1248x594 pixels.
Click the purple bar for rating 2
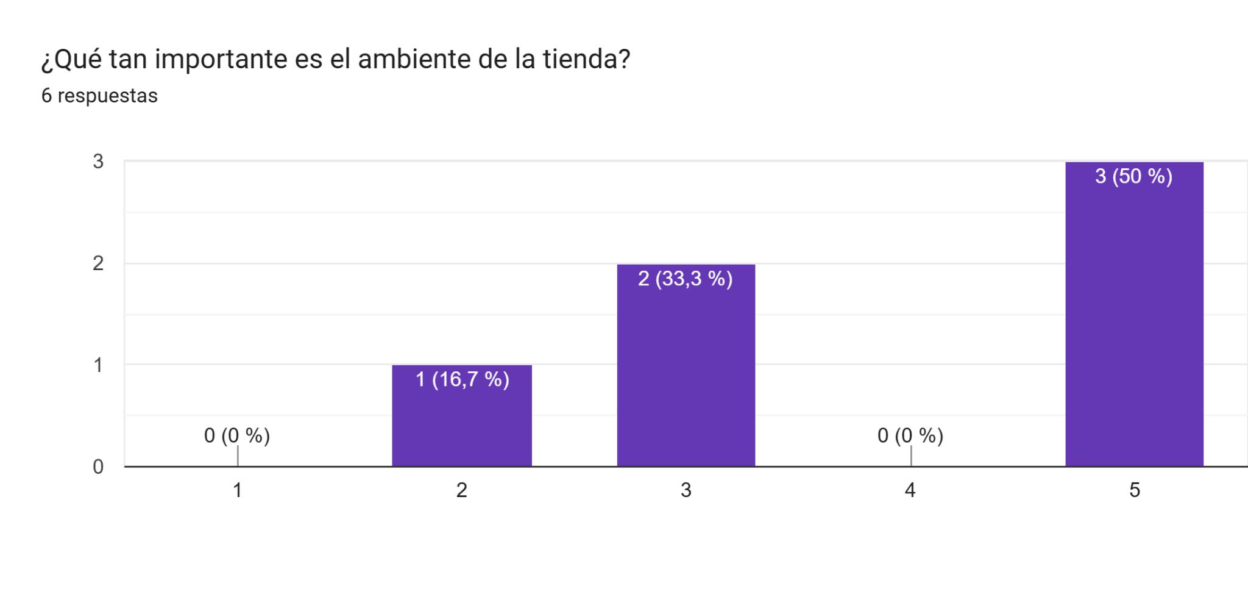click(462, 415)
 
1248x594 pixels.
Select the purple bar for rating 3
click(686, 365)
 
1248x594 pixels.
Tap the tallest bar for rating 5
click(1134, 314)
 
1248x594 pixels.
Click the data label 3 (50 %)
click(1133, 176)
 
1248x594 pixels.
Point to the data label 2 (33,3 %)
click(685, 279)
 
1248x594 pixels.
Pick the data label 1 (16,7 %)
click(462, 379)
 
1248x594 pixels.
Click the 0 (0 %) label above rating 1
click(237, 435)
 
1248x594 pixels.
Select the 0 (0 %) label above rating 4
click(910, 435)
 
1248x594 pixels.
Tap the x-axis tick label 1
click(238, 490)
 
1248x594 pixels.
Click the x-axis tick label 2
click(462, 490)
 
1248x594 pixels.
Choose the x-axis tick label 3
click(686, 490)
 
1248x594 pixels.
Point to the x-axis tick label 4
click(910, 490)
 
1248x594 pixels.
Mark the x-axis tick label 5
click(1134, 490)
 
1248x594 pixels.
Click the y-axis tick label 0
click(98, 467)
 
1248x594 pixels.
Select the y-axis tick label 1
click(98, 365)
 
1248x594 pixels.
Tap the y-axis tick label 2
click(98, 263)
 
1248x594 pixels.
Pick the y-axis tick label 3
click(98, 162)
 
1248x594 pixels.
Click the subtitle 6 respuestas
click(99, 96)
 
